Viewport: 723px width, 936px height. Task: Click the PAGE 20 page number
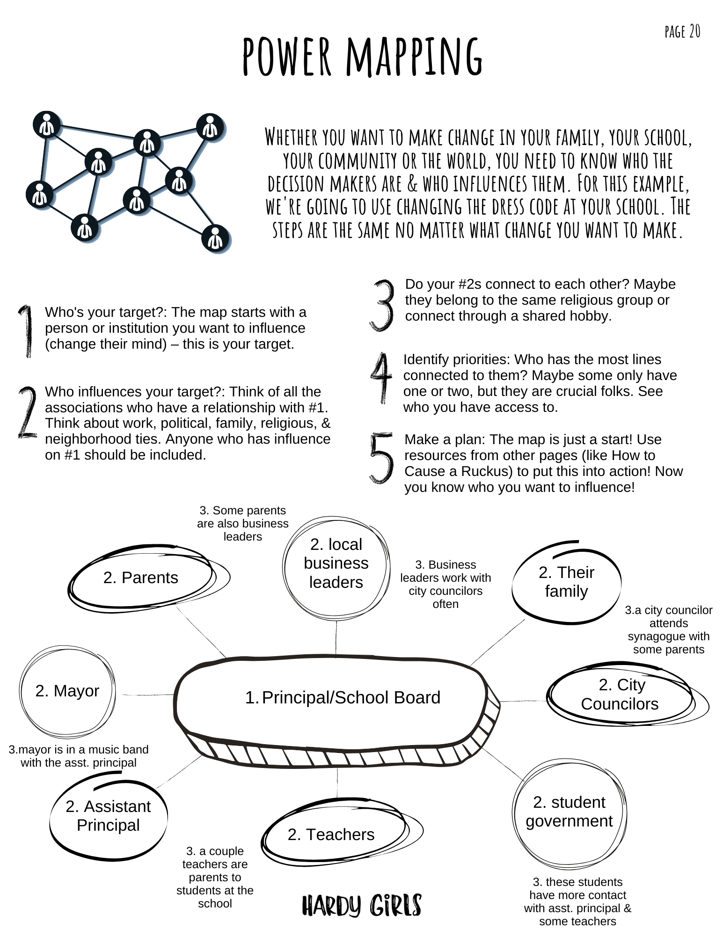coord(682,32)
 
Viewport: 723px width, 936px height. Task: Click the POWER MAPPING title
coord(362,57)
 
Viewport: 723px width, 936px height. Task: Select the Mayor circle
coord(67,691)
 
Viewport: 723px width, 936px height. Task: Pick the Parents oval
coord(141,578)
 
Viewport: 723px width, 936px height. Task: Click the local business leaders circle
coord(336,563)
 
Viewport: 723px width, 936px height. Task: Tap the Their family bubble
coord(566,582)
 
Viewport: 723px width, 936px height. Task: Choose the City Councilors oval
coord(620,695)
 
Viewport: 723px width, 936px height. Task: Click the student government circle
coord(569,812)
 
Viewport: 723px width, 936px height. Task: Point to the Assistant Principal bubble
coord(108,816)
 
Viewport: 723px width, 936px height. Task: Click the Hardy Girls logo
coord(362,905)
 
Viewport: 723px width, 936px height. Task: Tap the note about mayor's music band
coord(79,756)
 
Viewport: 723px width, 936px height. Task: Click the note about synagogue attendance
coord(668,629)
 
